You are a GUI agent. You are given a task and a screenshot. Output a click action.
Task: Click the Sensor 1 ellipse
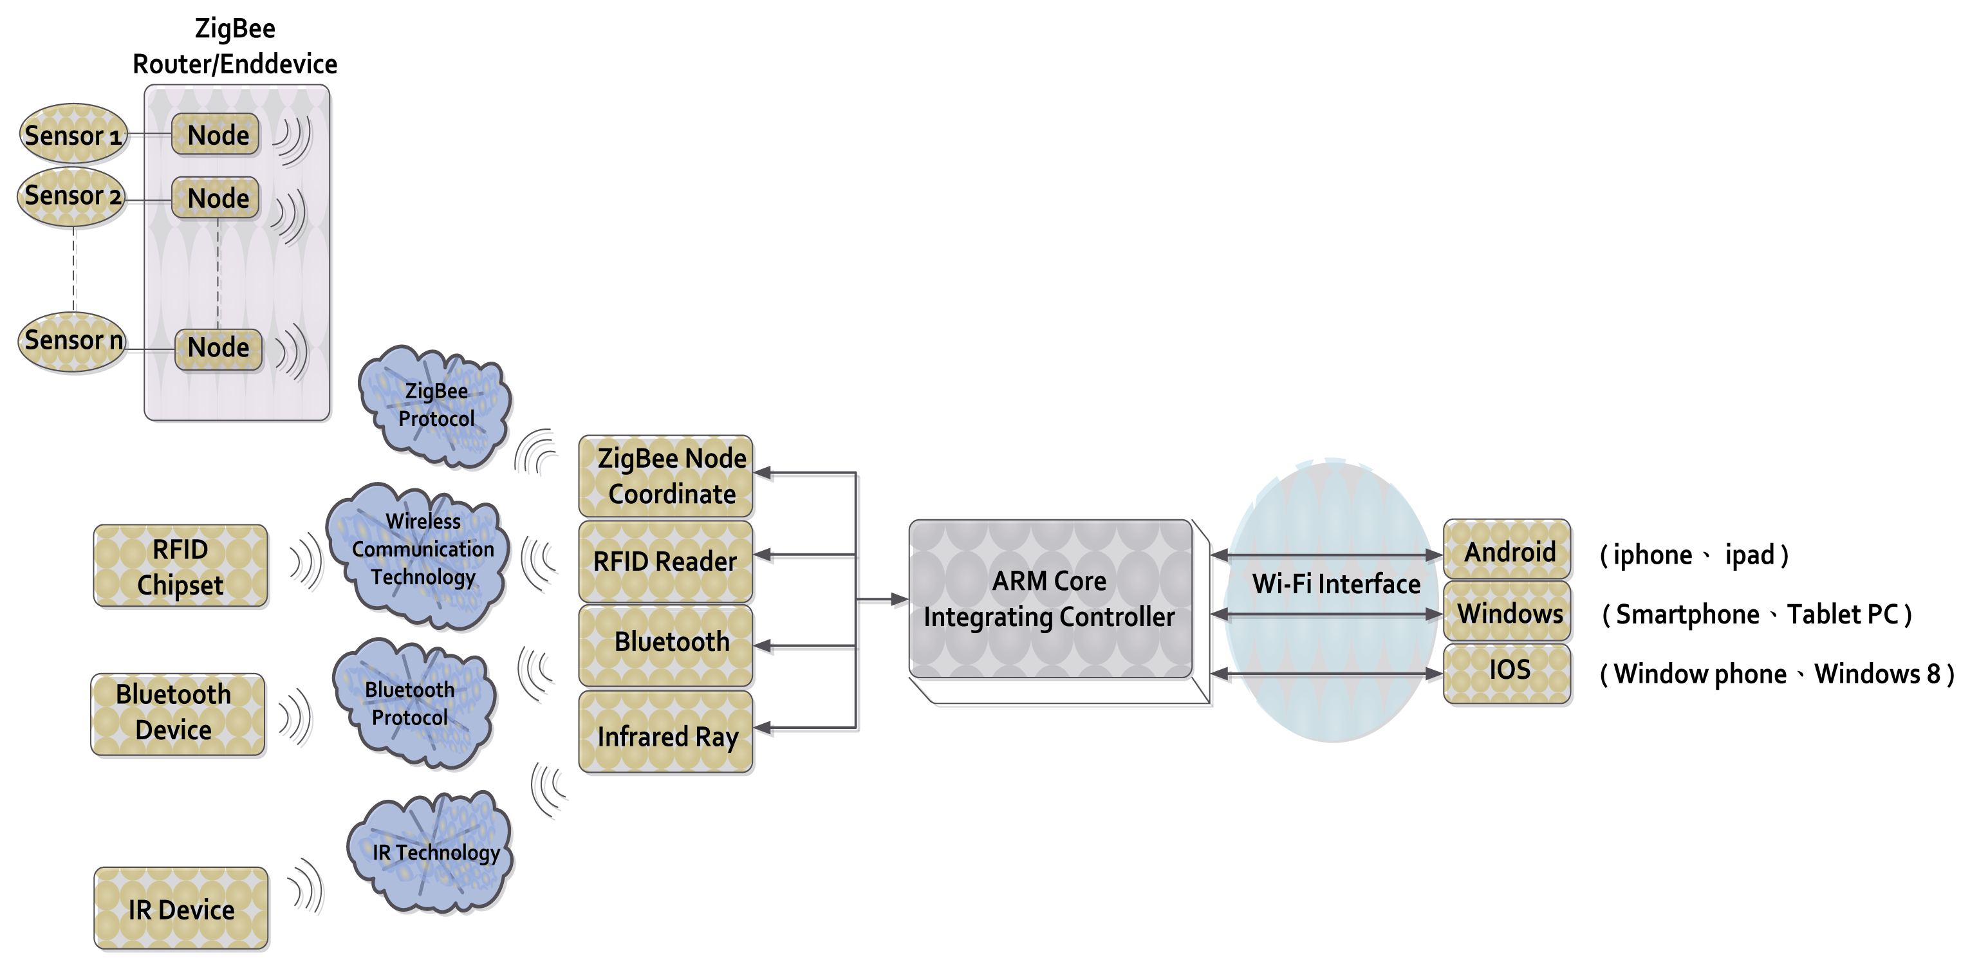73,134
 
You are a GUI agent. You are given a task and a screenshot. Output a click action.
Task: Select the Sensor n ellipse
73,341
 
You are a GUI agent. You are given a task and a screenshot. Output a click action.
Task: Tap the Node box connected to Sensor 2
216,198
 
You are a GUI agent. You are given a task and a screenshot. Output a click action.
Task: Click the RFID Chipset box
180,566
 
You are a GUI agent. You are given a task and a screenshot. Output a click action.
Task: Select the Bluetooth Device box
178,713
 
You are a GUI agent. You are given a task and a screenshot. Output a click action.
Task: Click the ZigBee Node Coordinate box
665,475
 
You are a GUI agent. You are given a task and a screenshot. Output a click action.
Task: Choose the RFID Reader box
665,561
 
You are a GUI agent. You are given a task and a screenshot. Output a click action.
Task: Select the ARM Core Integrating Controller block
1049,599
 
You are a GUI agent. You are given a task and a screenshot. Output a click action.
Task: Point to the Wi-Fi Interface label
1335,584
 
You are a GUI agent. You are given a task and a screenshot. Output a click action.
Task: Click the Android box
1507,550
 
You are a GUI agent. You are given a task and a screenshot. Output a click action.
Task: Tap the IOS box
1507,672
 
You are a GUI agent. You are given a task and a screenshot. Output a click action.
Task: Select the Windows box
1507,612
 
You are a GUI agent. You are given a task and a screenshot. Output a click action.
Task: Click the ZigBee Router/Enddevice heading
235,46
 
